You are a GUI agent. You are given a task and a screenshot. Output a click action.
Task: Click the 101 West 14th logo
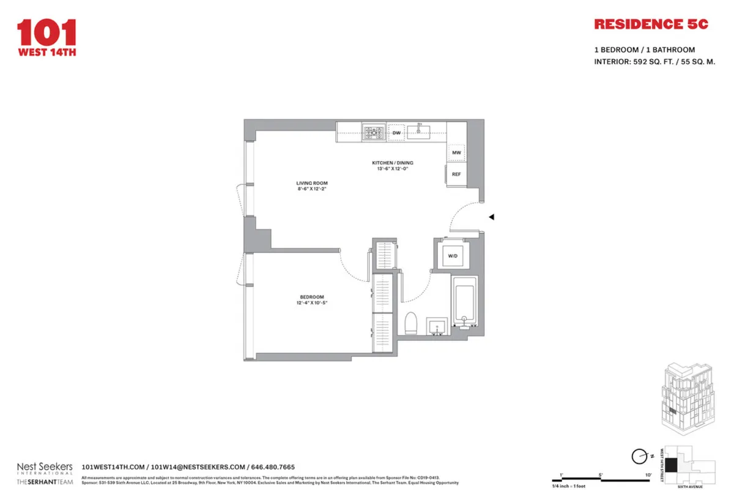tap(46, 37)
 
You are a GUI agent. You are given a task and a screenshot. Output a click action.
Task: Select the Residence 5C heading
tap(651, 24)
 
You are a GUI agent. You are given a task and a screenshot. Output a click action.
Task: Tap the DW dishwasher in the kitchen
tap(396, 133)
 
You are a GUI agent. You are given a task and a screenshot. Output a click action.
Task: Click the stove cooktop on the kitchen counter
tap(373, 132)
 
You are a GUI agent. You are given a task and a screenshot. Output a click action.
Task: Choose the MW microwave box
tap(456, 152)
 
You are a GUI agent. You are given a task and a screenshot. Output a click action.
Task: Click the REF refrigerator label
tap(456, 174)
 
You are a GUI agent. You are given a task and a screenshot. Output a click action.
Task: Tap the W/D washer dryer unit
tap(453, 255)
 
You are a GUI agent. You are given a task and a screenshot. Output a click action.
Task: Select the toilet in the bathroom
tap(412, 323)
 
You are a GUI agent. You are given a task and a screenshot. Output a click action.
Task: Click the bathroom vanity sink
tap(437, 326)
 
